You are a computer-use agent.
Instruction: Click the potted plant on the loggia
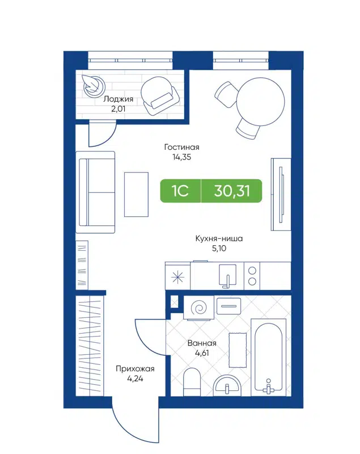point(91,85)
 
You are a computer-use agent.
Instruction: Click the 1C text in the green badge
point(181,191)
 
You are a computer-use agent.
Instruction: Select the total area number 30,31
point(232,191)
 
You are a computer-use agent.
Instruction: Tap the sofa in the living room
point(96,192)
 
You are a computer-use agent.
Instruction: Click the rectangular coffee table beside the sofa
point(136,193)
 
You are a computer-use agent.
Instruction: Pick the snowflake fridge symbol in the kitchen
point(178,277)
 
